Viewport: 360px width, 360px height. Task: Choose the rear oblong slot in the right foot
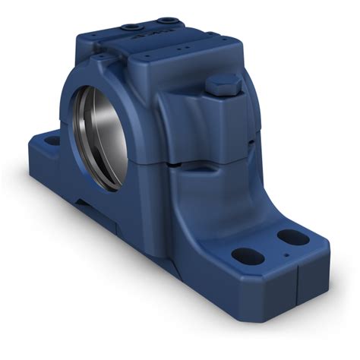click(293, 238)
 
